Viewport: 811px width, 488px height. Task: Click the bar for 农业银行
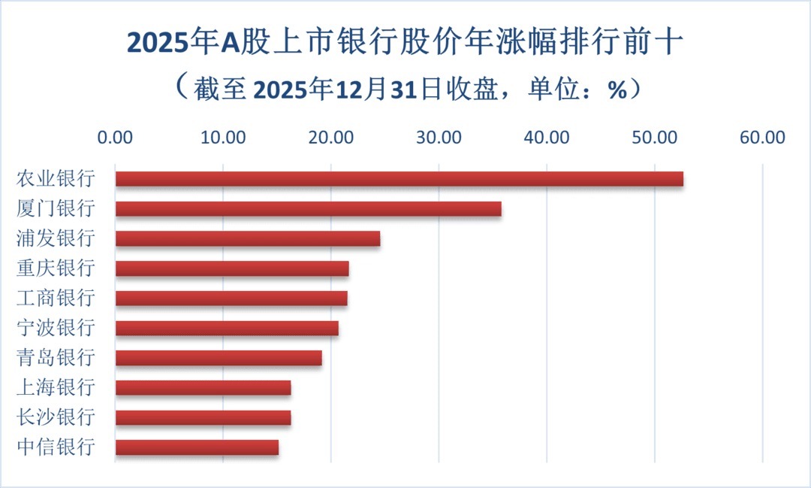399,179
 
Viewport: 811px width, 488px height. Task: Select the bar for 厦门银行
308,209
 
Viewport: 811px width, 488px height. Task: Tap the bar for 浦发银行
247,239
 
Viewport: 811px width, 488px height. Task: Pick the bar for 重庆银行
232,268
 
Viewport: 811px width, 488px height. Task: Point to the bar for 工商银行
231,299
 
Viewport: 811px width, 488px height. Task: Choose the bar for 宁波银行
227,329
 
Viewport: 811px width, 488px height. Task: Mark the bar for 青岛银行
219,358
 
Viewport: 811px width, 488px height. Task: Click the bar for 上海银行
203,388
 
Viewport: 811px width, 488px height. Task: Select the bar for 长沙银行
203,417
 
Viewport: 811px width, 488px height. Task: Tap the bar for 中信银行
197,447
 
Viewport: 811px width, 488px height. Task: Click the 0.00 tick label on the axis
115,138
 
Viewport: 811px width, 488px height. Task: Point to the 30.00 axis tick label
439,138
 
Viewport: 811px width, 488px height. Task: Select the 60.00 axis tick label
763,138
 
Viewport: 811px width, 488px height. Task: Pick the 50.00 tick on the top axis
655,138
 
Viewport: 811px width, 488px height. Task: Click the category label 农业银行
56,179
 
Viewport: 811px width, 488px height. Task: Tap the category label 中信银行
56,447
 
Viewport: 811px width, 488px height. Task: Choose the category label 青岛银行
56,358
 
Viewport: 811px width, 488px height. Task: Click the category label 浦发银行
56,239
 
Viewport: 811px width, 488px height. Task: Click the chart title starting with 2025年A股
405,44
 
